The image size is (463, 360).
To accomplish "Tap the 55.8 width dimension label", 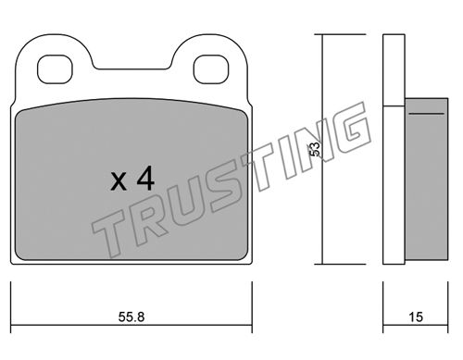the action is [x=131, y=317].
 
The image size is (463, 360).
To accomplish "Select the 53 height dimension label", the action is [x=315, y=149].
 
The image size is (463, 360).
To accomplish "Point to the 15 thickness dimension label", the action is [x=416, y=317].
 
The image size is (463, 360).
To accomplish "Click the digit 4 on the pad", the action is [x=145, y=178].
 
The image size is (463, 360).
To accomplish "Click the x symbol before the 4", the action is [x=119, y=181].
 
